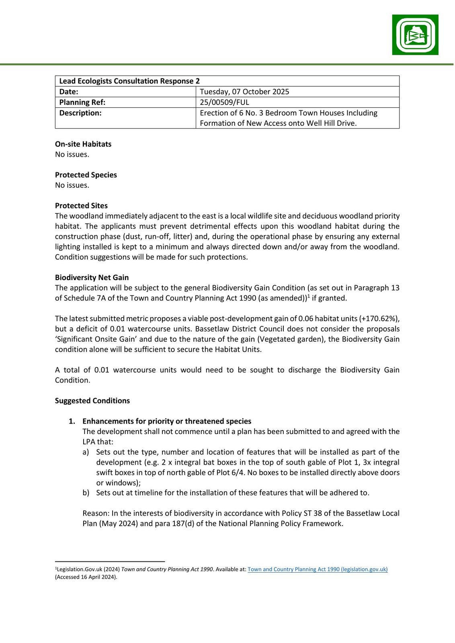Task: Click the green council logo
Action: tap(415, 35)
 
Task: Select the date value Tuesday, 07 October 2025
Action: tap(244, 92)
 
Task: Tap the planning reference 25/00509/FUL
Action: tap(224, 102)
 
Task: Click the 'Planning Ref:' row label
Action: tap(82, 102)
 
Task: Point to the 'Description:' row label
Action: tap(80, 113)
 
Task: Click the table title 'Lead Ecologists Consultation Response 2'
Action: tap(129, 81)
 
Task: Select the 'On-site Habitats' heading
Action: tap(83, 144)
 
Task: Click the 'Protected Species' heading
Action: tap(86, 175)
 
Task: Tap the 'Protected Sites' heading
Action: tap(81, 206)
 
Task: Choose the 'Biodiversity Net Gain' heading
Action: tap(92, 277)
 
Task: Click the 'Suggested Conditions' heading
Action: tap(92, 401)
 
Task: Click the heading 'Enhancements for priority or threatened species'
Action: tap(167, 421)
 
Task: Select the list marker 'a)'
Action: tap(86, 452)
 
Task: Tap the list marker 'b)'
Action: tap(86, 493)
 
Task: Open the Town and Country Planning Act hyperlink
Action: tap(318, 569)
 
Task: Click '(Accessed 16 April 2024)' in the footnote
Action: tap(86, 577)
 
